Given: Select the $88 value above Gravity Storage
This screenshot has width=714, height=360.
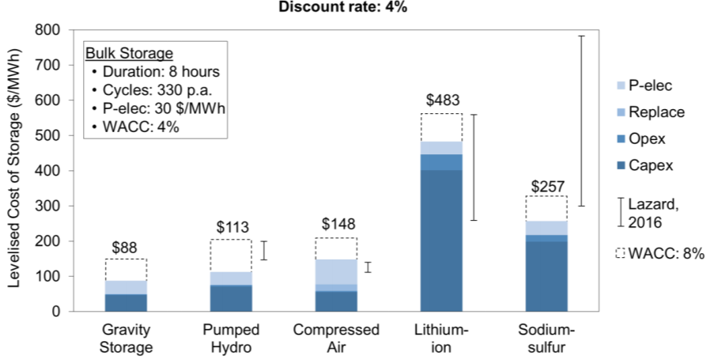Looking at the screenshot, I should point(126,247).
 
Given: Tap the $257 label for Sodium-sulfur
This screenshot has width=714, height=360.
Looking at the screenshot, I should point(547,184).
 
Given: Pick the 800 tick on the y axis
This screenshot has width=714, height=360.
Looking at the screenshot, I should point(48,30).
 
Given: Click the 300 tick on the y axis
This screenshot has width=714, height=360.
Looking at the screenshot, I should point(48,206).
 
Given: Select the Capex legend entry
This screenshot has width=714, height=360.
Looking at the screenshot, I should point(644,165).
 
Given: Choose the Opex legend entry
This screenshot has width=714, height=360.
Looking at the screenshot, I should point(644,138).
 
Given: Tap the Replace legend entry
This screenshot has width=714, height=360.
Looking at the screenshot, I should point(650,112).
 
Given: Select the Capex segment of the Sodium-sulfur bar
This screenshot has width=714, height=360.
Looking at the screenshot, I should point(547,276).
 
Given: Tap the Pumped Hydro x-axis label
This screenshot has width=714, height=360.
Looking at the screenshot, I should point(231,337).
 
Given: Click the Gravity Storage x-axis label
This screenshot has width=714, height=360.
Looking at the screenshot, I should point(126,337).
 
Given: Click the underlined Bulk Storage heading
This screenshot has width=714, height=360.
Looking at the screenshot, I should point(129,54).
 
